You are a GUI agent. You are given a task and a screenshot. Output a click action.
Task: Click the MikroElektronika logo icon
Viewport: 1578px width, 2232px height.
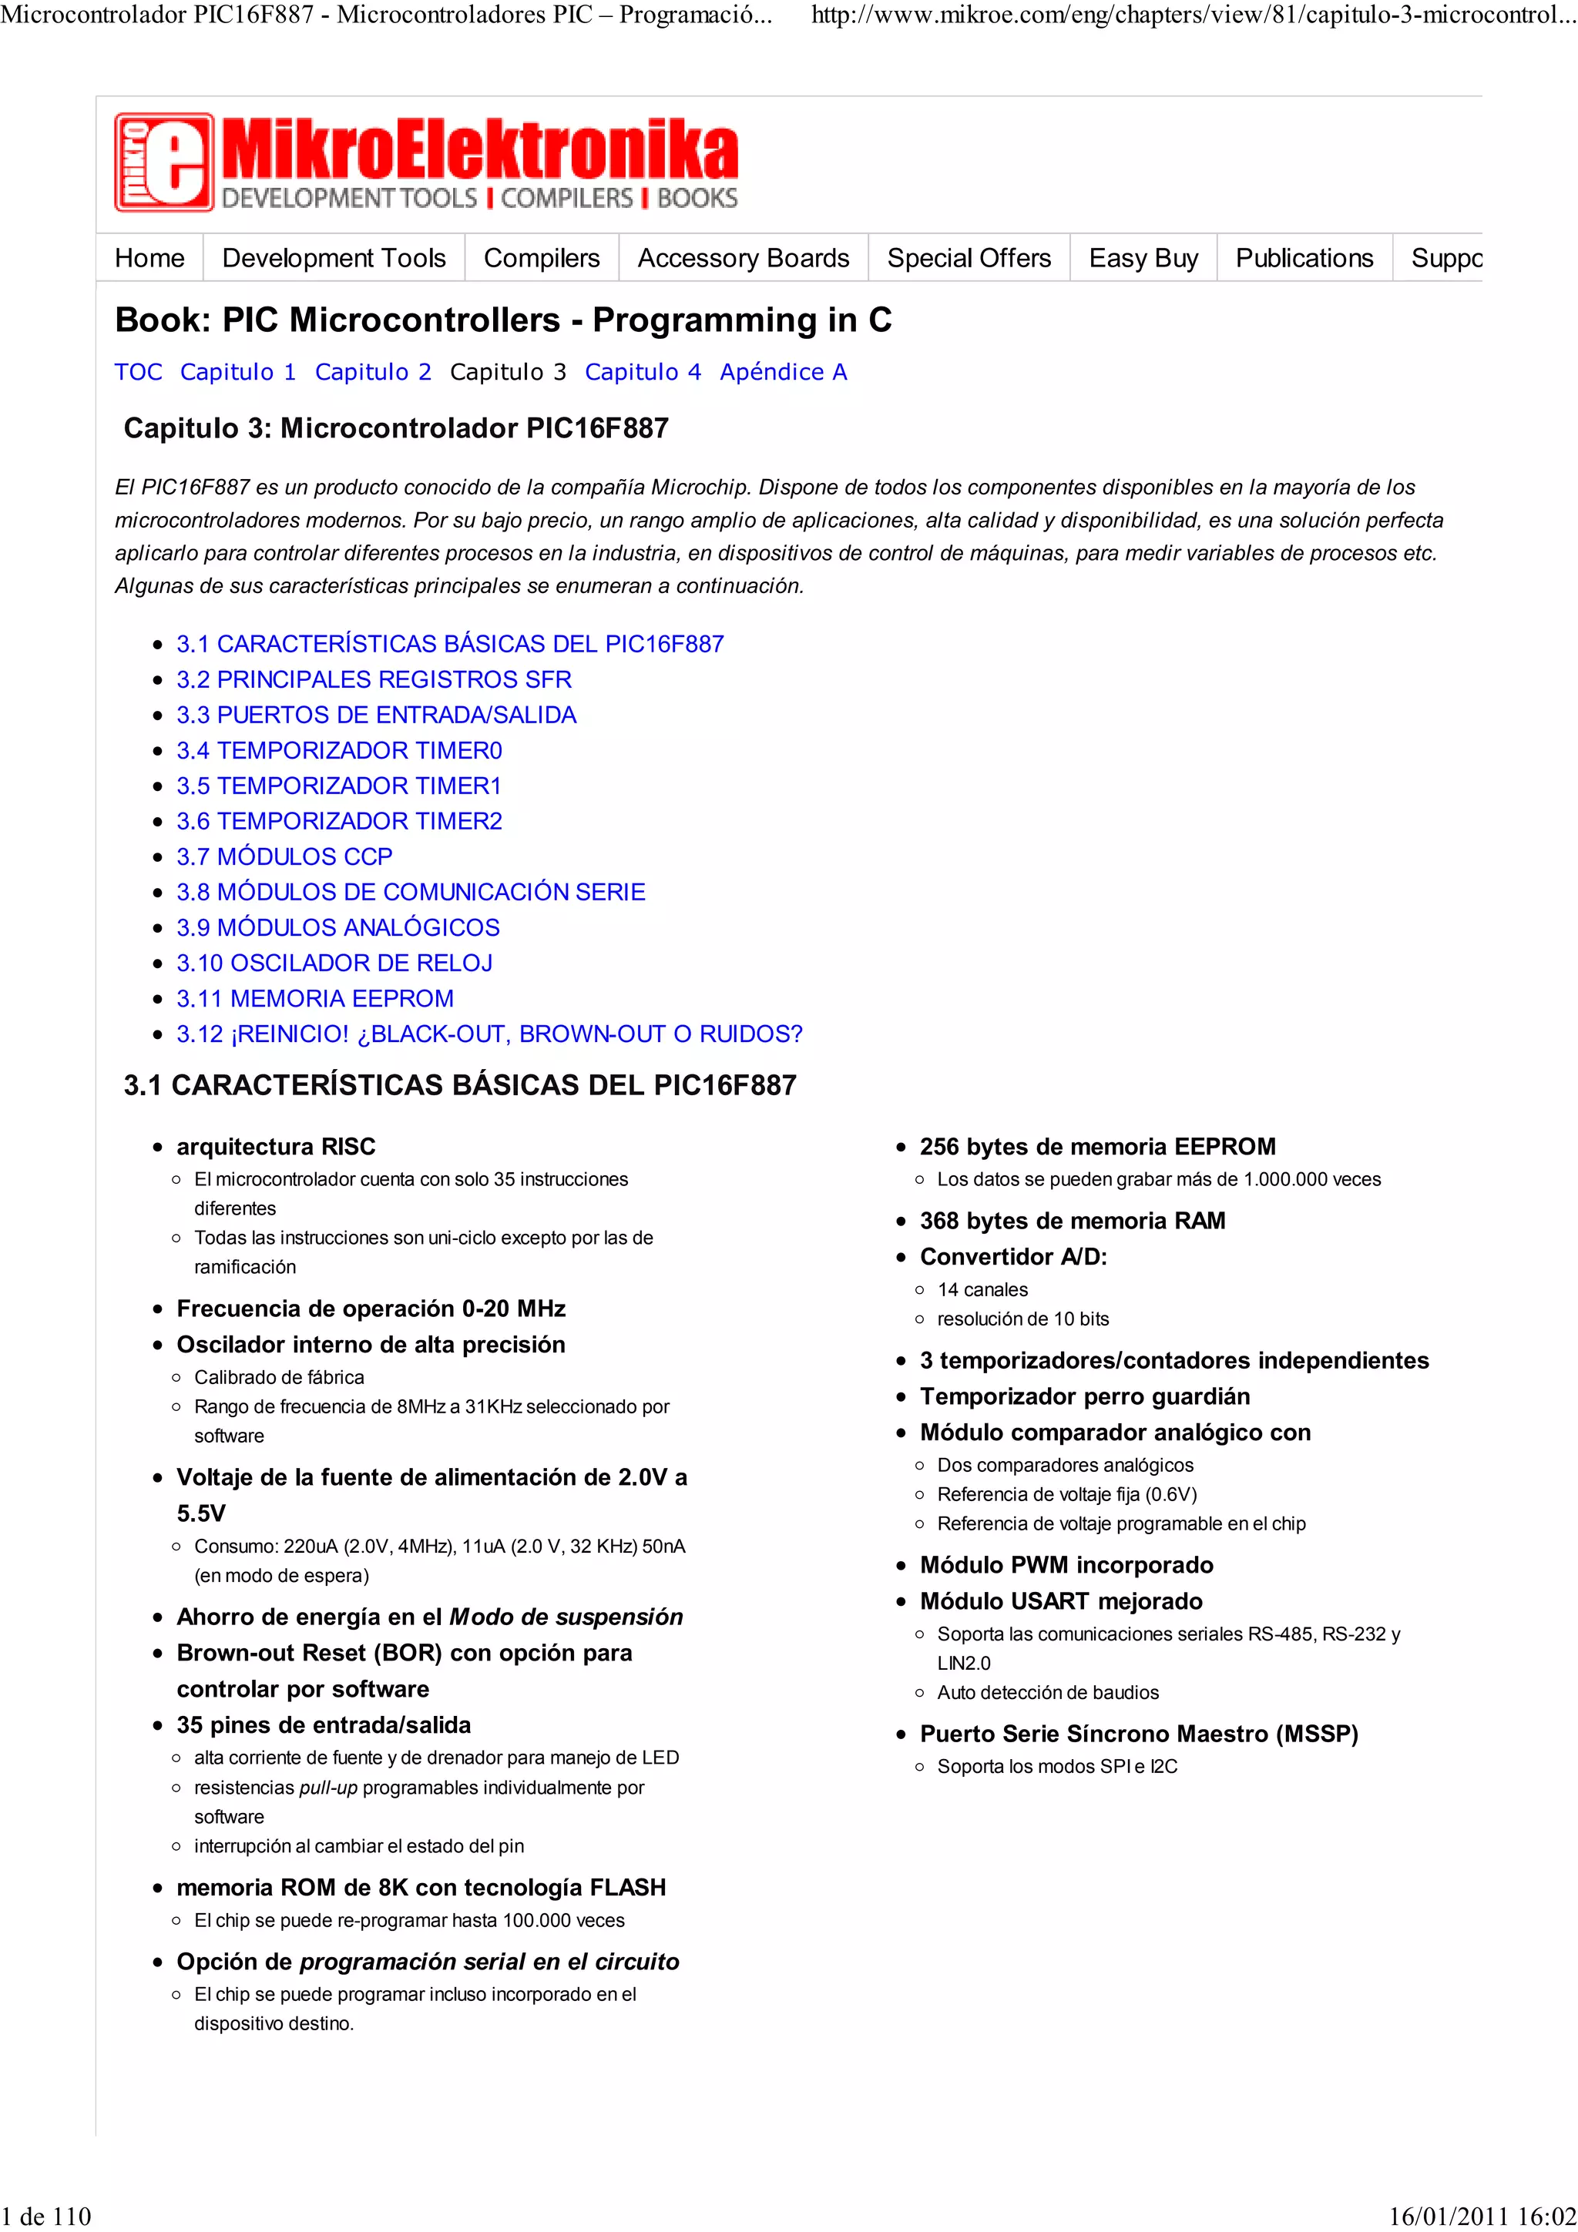[163, 163]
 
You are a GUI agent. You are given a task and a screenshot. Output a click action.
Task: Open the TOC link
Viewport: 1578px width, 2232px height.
[138, 371]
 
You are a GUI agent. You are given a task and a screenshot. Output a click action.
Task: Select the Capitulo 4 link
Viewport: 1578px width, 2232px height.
[642, 371]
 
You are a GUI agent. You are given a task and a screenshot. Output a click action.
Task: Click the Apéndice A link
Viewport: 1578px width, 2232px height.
[783, 371]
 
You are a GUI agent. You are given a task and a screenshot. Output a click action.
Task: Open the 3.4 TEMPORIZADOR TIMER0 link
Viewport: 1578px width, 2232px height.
[338, 749]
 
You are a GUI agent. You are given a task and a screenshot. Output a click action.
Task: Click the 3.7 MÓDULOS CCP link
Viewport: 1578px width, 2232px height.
[284, 856]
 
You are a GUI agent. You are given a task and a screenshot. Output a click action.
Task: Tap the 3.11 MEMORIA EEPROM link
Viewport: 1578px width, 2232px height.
[314, 997]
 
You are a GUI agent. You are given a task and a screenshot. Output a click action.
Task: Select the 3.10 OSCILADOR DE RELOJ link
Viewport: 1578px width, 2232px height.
[334, 963]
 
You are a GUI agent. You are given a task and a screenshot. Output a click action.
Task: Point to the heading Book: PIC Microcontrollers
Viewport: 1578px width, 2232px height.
[502, 319]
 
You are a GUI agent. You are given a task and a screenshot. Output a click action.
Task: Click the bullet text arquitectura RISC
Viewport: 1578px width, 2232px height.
[275, 1146]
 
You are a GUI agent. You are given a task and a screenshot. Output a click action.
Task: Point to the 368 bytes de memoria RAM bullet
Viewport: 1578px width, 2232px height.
[1072, 1220]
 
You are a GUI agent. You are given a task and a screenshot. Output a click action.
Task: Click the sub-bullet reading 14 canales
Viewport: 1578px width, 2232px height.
[982, 1289]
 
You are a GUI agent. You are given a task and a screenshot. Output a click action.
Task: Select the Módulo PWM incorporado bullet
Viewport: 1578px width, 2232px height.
[1066, 1564]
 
